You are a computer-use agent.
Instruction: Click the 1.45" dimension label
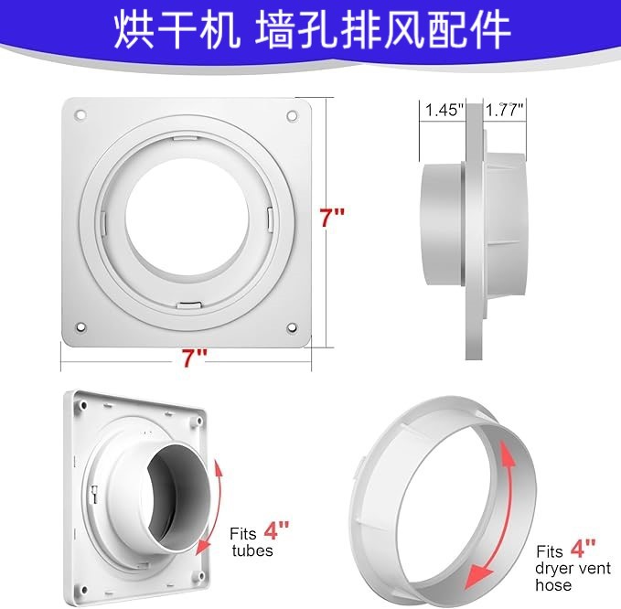tap(444, 109)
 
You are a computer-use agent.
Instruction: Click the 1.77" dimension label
tap(504, 109)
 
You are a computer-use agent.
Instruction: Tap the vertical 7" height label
tap(331, 219)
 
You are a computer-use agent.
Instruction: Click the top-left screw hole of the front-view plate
tap(80, 116)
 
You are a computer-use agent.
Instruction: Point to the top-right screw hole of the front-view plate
tap(292, 116)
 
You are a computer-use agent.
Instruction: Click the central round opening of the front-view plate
tap(187, 219)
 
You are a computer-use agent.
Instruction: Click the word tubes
tap(252, 550)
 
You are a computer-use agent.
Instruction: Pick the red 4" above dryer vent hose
tap(583, 550)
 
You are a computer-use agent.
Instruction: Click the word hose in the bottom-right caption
tap(554, 585)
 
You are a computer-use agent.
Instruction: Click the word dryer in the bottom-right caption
tap(554, 569)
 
